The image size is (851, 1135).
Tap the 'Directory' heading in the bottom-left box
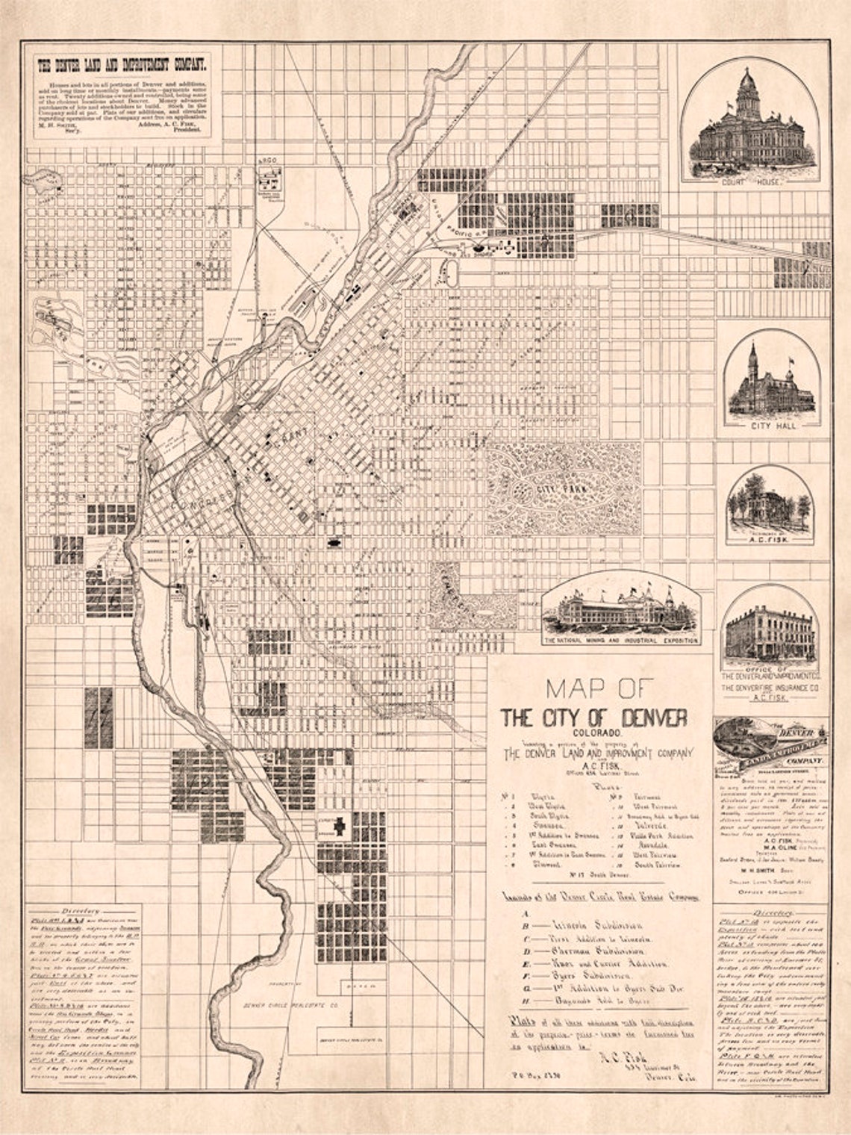83,912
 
